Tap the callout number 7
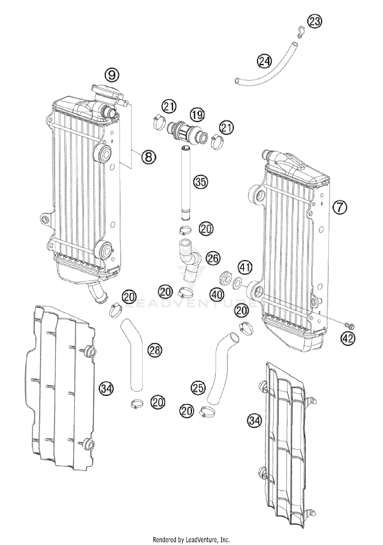(340, 207)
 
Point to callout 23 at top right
(315, 21)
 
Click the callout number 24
(265, 61)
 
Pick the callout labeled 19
(197, 115)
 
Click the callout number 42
(348, 338)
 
